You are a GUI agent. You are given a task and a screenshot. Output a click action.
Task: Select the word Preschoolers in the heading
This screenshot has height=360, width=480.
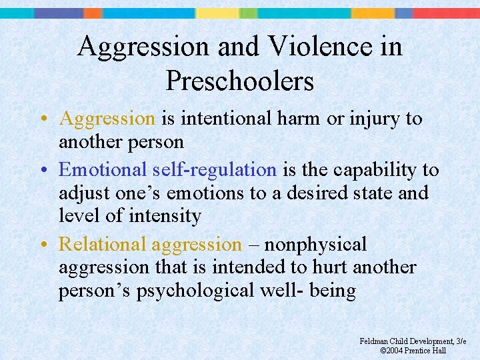click(x=239, y=81)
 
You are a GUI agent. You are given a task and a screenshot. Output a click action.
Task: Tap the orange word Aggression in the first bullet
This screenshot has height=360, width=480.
click(x=107, y=119)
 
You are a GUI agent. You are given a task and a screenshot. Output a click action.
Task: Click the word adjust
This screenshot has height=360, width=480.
click(x=81, y=193)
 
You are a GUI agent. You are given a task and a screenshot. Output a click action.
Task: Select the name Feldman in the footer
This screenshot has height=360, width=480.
click(x=375, y=341)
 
